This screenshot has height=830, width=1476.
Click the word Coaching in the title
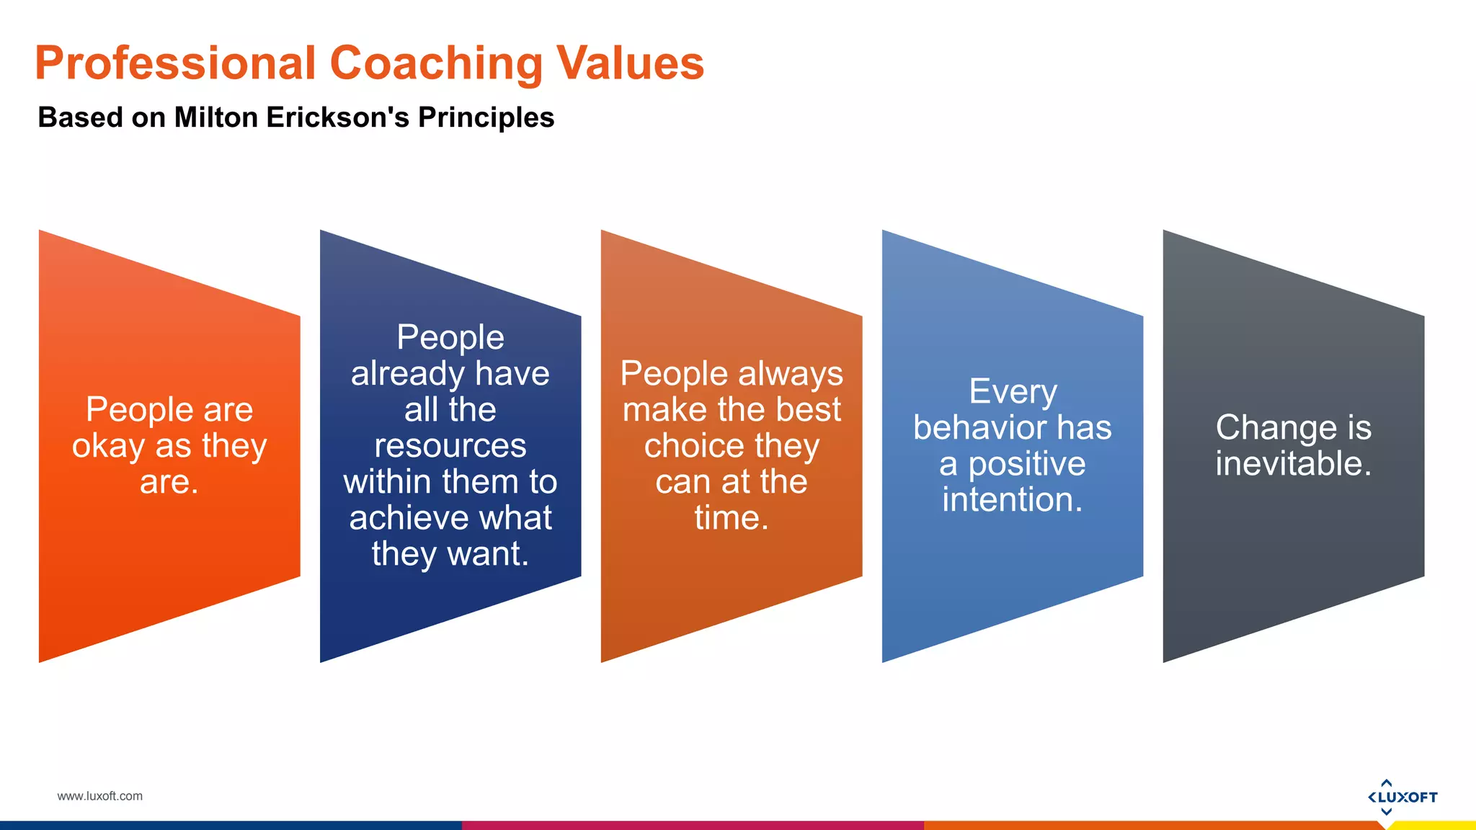tap(435, 63)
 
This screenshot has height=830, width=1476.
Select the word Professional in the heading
tap(175, 63)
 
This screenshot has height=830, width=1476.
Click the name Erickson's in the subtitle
tap(338, 117)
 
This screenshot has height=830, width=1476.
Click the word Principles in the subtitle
tap(486, 117)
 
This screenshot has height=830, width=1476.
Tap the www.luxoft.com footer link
tap(99, 796)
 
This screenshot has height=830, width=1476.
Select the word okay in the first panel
tap(108, 446)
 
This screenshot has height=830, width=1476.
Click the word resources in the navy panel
tap(450, 446)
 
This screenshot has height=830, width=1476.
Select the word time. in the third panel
tap(732, 518)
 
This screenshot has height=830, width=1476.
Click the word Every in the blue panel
tap(1013, 392)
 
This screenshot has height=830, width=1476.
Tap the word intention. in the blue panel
tap(1013, 500)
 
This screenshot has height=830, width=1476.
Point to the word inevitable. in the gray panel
tap(1293, 464)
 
